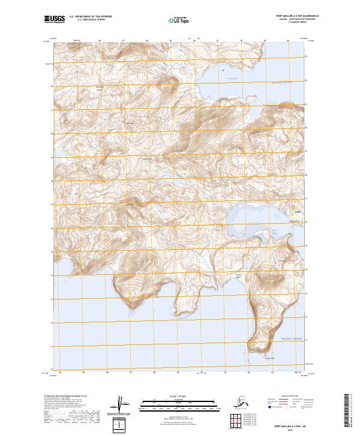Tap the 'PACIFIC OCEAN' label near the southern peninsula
(x=292, y=339)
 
